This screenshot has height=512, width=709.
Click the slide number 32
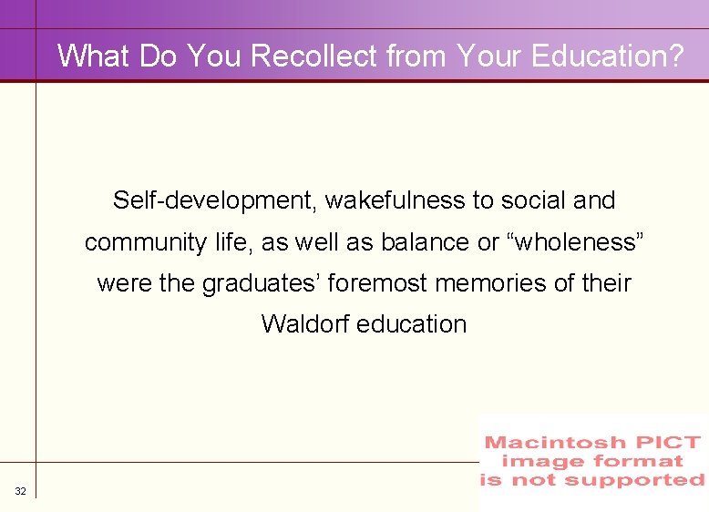point(20,492)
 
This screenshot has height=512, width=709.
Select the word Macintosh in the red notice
point(555,444)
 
